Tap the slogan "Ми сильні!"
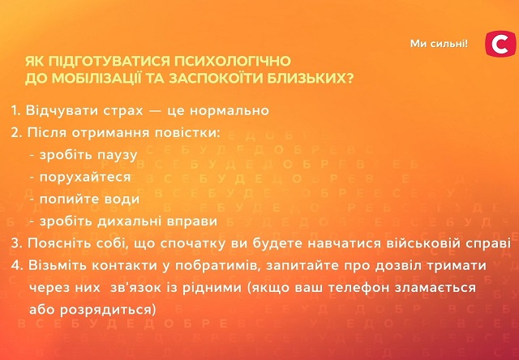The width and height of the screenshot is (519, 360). click(x=440, y=43)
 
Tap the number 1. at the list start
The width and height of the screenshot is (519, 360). click(x=17, y=110)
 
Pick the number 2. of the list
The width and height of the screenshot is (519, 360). click(x=18, y=132)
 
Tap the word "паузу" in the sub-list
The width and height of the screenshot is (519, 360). click(x=117, y=154)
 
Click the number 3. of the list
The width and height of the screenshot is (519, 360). click(x=18, y=242)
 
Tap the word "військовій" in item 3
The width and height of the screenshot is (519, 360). click(x=418, y=242)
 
